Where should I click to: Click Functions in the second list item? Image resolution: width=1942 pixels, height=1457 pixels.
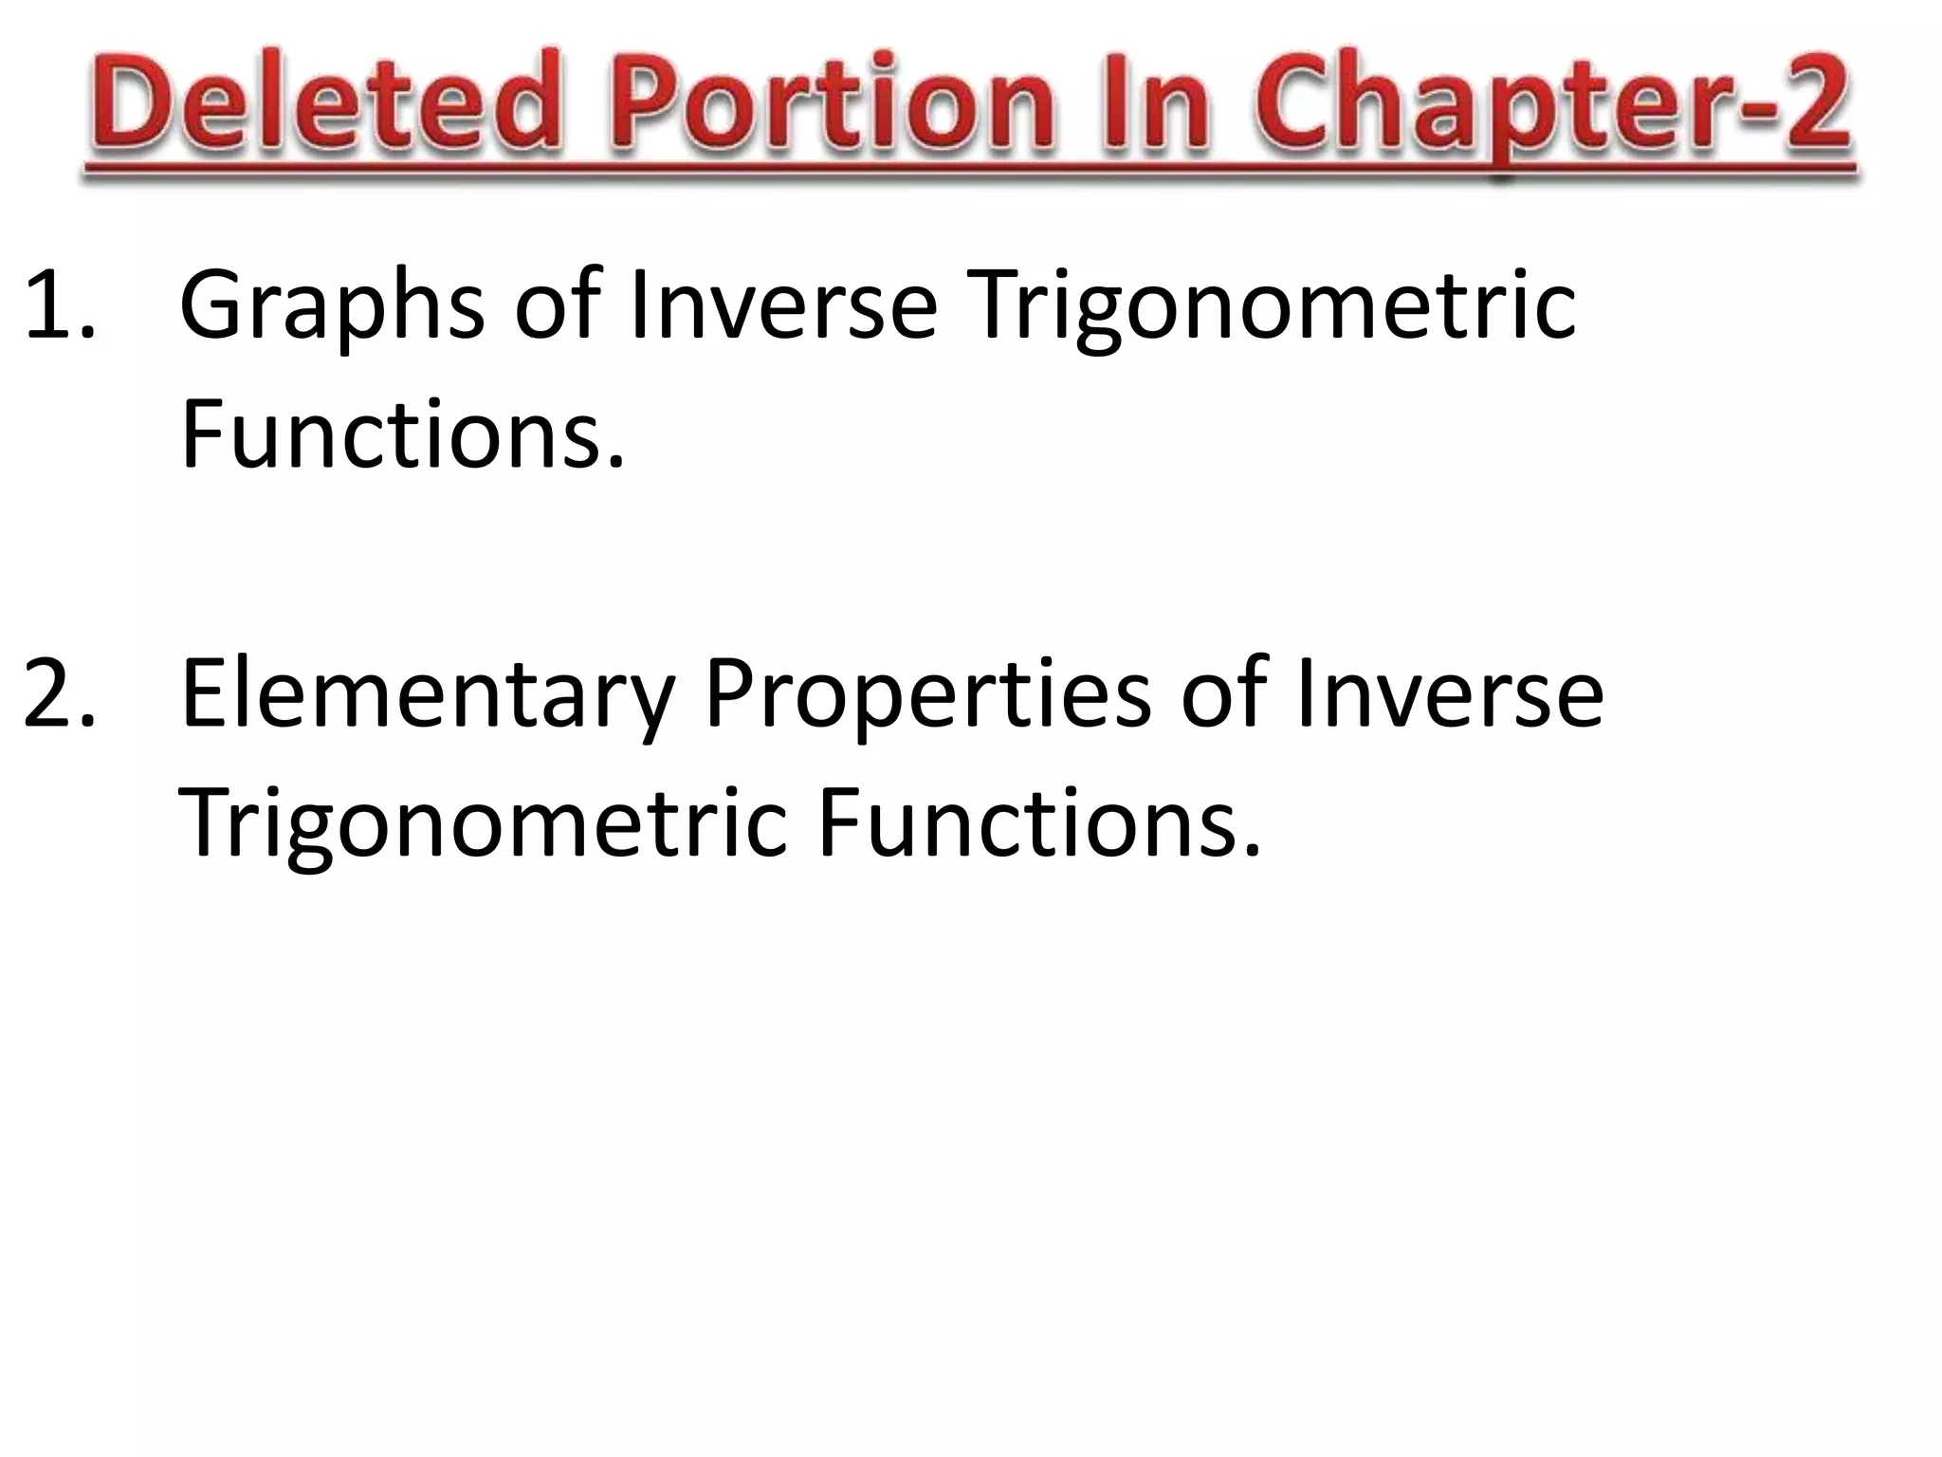point(1029,822)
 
